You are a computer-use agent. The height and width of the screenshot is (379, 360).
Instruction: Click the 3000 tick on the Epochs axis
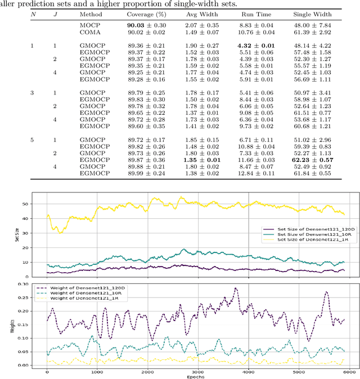click(197, 371)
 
